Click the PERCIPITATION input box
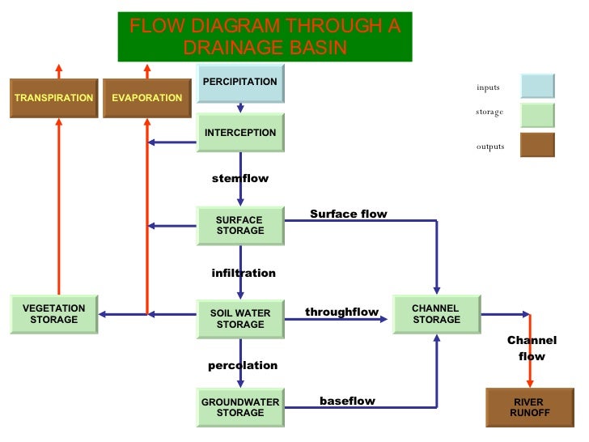pyautogui.click(x=240, y=83)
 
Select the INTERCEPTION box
pyautogui.click(x=240, y=133)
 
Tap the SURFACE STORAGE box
pyautogui.click(x=240, y=226)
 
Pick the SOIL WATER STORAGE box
pyautogui.click(x=240, y=319)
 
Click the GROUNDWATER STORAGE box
pyautogui.click(x=240, y=407)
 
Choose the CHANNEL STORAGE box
pyautogui.click(x=436, y=314)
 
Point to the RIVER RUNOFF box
pyautogui.click(x=530, y=407)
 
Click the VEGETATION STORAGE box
pyautogui.click(x=54, y=314)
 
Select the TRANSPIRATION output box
pyautogui.click(x=54, y=98)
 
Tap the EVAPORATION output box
pyautogui.click(x=147, y=98)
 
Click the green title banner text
pyautogui.click(x=265, y=36)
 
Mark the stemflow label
pyautogui.click(x=240, y=178)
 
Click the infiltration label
pyautogui.click(x=244, y=273)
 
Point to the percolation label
pyautogui.click(x=243, y=365)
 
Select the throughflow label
pyautogui.click(x=341, y=312)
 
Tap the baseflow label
pyautogui.click(x=347, y=401)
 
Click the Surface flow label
pyautogui.click(x=349, y=214)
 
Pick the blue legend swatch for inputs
pyautogui.click(x=537, y=86)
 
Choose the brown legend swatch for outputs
pyautogui.click(x=537, y=145)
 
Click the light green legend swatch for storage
pyautogui.click(x=537, y=115)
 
